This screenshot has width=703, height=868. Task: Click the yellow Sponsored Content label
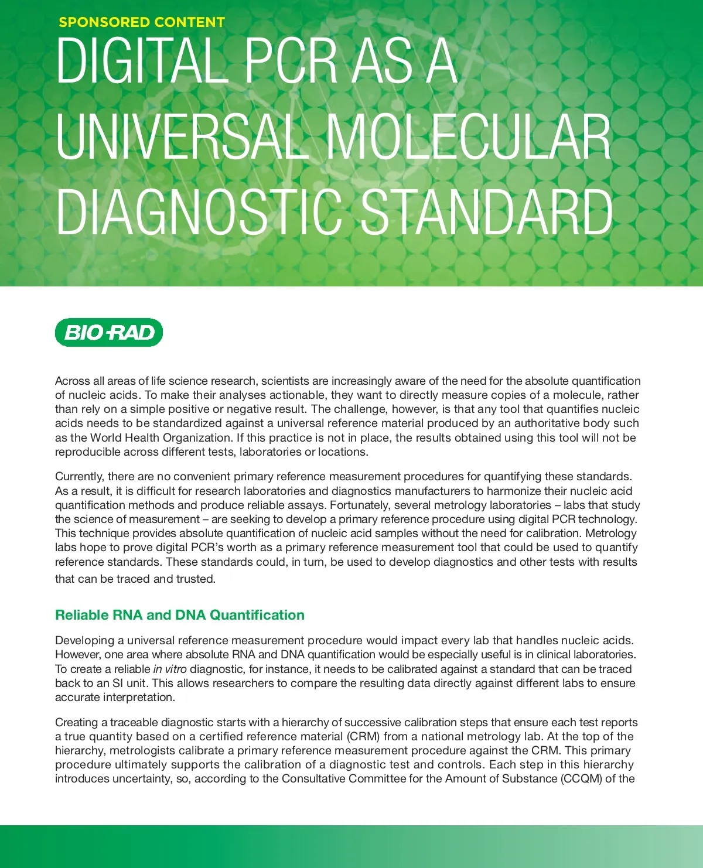click(x=142, y=22)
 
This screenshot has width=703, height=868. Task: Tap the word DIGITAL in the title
click(x=141, y=61)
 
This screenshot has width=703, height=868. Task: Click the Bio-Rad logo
click(x=109, y=333)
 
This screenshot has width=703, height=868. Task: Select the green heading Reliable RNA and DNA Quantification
click(x=180, y=615)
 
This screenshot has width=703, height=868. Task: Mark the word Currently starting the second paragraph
click(x=80, y=476)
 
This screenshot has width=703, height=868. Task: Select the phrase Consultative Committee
click(x=347, y=778)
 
